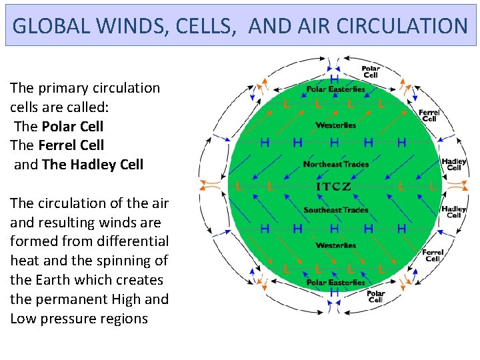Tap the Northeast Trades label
pyautogui.click(x=335, y=164)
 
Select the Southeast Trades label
pyautogui.click(x=335, y=210)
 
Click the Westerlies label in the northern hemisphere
pyautogui.click(x=335, y=125)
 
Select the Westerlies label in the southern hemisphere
pyautogui.click(x=335, y=245)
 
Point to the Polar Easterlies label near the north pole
pyautogui.click(x=335, y=89)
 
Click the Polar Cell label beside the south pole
pyautogui.click(x=375, y=297)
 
